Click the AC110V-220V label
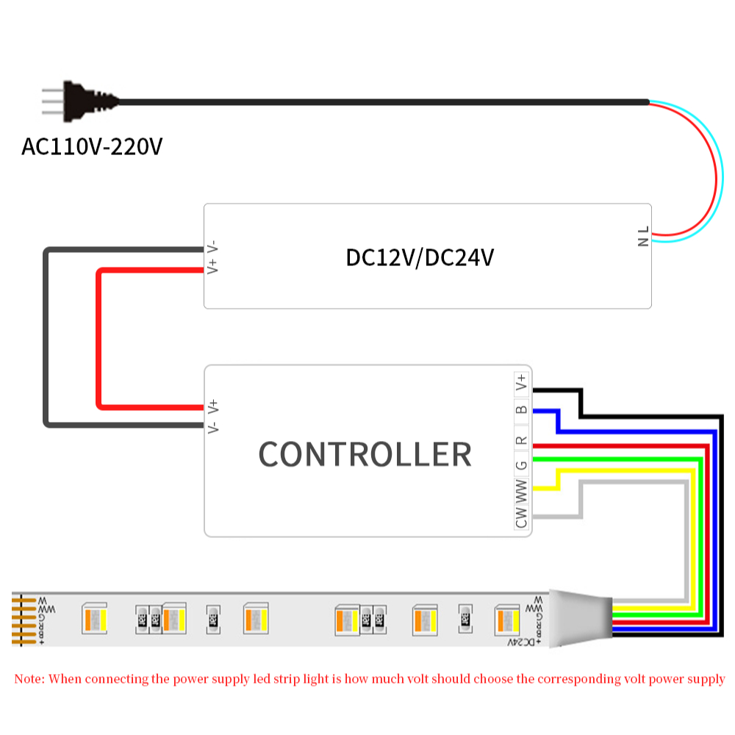point(92,146)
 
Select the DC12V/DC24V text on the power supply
point(420,258)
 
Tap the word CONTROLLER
point(365,454)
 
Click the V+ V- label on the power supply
point(212,257)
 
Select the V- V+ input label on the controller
point(212,416)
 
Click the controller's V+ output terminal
point(522,383)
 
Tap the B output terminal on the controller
point(522,410)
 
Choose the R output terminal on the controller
point(522,440)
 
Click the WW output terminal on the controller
point(522,489)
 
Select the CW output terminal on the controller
point(522,517)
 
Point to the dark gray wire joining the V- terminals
point(46,338)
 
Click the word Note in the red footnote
point(29,678)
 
